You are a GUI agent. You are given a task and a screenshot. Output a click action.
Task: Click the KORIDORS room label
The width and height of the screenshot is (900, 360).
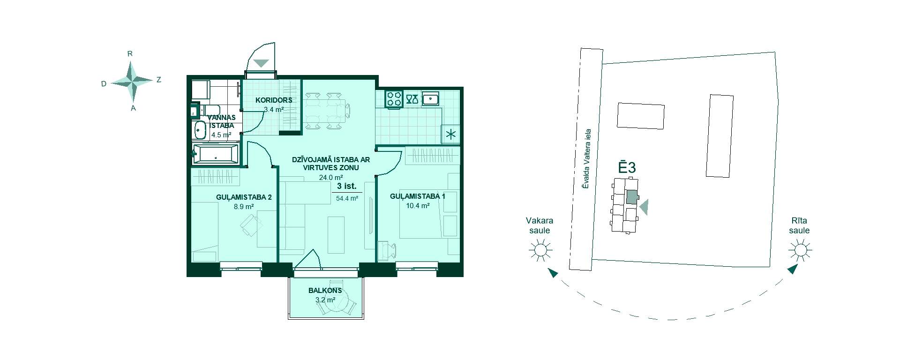tap(274, 100)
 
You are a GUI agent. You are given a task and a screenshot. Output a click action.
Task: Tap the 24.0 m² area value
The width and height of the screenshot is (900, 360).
tap(331, 177)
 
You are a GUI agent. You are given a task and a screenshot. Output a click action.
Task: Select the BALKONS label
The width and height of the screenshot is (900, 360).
tap(325, 291)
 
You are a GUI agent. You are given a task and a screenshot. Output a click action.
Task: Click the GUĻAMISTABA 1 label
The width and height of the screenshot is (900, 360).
tap(418, 196)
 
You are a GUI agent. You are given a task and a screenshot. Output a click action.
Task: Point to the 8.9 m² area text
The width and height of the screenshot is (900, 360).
tap(244, 206)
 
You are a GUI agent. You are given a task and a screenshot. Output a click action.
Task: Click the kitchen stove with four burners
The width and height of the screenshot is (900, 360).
tap(394, 99)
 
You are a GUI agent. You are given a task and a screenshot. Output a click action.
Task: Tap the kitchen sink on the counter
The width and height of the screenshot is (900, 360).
tap(430, 99)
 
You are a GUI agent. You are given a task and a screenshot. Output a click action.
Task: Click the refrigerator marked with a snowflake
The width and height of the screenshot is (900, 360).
tap(451, 135)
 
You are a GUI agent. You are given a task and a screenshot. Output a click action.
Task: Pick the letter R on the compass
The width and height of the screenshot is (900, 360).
tap(130, 54)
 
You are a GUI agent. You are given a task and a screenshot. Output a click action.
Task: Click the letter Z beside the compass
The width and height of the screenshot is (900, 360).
tap(159, 80)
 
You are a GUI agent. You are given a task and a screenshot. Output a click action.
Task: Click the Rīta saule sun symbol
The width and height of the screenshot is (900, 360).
tap(800, 250)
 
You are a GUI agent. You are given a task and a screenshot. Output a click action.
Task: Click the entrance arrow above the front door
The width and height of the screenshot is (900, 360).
tap(261, 63)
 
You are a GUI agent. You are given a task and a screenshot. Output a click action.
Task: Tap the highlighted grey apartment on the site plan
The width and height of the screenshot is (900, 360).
tap(632, 197)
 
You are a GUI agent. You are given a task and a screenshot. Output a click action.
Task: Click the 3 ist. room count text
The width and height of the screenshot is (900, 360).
tap(346, 186)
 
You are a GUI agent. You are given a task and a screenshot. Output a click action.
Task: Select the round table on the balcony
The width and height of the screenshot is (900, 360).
tap(347, 305)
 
